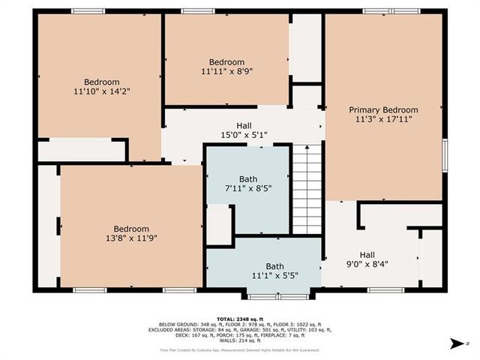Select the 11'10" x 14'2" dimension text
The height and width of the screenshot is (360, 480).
[x=101, y=92]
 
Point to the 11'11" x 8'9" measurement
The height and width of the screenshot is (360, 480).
[x=226, y=72]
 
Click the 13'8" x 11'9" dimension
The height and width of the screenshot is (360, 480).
[x=131, y=238]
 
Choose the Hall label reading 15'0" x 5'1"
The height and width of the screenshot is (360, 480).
[x=244, y=136]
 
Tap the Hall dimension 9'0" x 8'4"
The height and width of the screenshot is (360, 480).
[x=367, y=264]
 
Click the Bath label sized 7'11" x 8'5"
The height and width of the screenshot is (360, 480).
[x=248, y=188]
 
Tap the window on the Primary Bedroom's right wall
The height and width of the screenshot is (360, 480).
[x=445, y=154]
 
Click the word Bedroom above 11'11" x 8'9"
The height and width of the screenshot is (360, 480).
[x=226, y=62]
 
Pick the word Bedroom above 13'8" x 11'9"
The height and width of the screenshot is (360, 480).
[x=131, y=229]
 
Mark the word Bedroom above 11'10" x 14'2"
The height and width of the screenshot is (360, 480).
[x=101, y=82]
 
